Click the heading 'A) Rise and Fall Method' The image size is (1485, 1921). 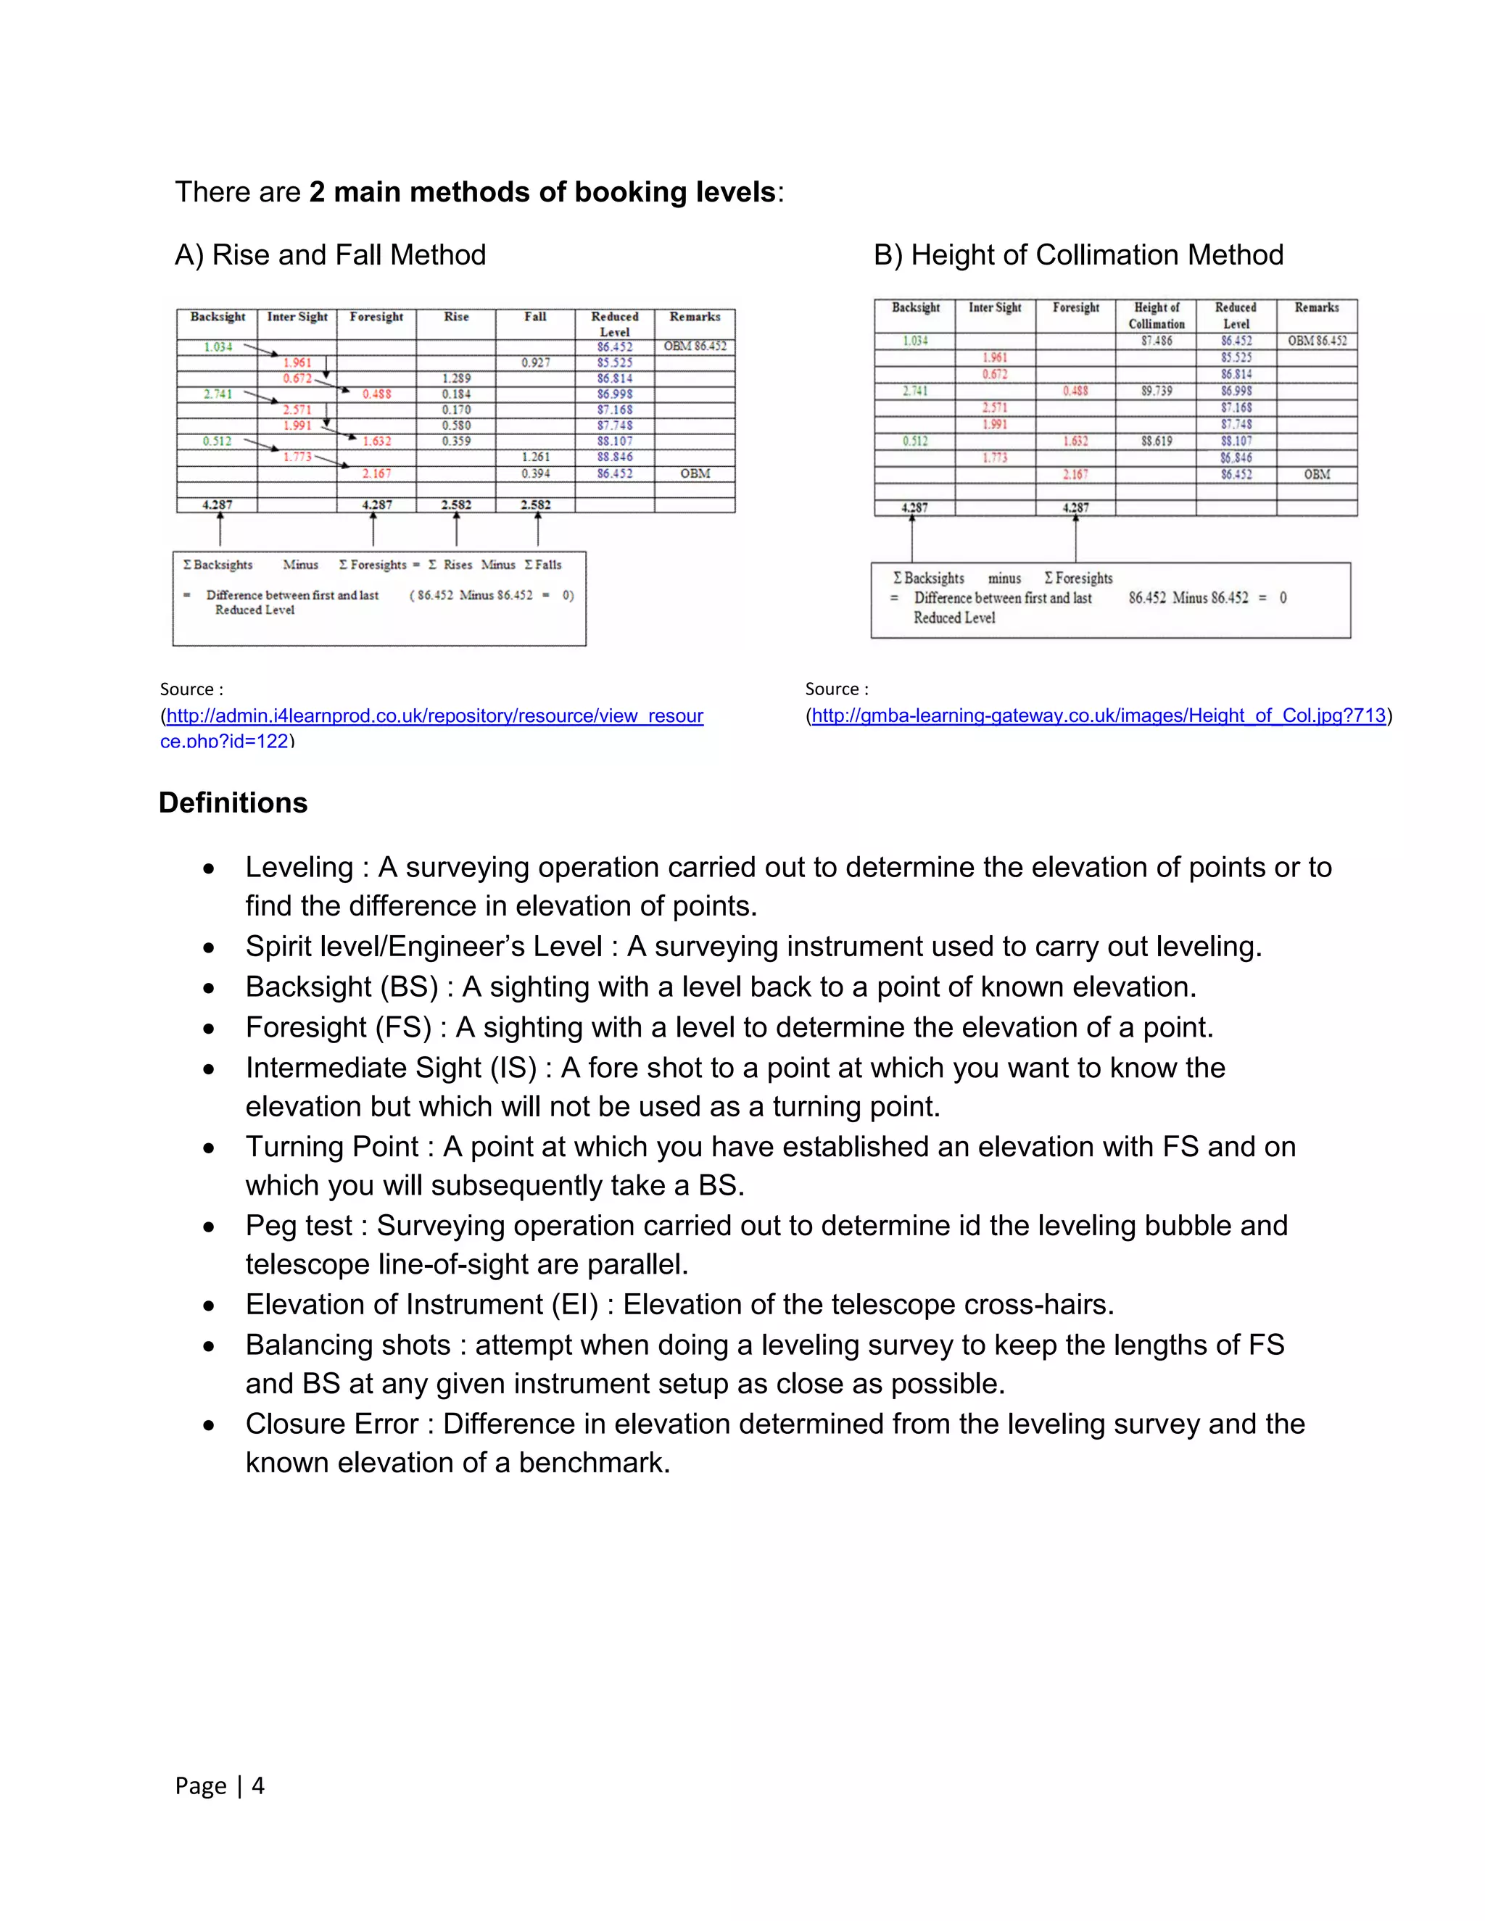pyautogui.click(x=330, y=255)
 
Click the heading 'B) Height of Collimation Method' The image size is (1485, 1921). pyautogui.click(x=1077, y=255)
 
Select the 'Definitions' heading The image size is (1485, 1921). pyautogui.click(x=233, y=803)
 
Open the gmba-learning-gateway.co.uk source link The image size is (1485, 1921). pyautogui.click(x=1098, y=716)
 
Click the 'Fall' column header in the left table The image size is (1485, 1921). pyautogui.click(x=535, y=317)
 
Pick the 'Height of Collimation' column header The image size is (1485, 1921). pyautogui.click(x=1156, y=315)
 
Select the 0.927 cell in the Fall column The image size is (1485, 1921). pyautogui.click(x=535, y=362)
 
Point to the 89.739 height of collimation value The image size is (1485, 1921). pyautogui.click(x=1156, y=391)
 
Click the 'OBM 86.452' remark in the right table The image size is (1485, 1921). pyautogui.click(x=1316, y=341)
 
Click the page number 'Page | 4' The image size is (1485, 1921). pyautogui.click(x=219, y=1785)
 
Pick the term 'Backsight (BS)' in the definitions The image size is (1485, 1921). pyautogui.click(x=342, y=987)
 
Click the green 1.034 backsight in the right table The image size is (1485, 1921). pyautogui.click(x=915, y=341)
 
